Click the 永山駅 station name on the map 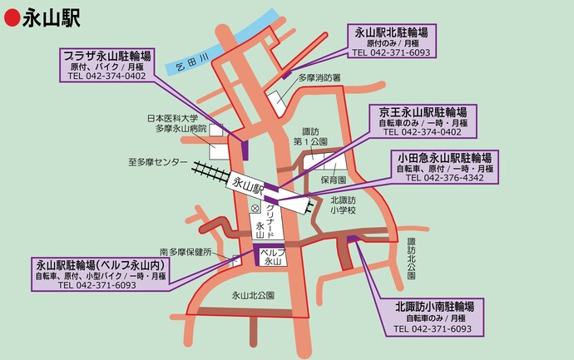click(247, 184)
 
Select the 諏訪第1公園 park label click(309, 136)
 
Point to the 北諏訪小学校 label click(342, 205)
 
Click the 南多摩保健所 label click(186, 251)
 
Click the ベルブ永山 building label click(273, 256)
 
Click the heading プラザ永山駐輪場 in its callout click(106, 56)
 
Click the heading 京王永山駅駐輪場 click(423, 111)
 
